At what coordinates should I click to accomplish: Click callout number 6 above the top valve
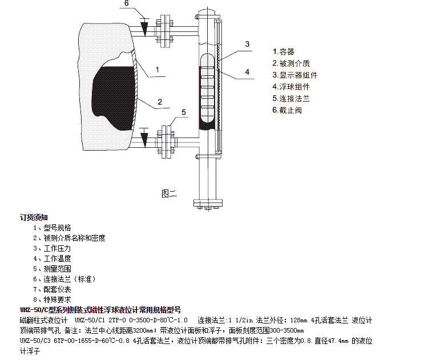[x=127, y=4]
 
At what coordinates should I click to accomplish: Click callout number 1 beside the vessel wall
[x=162, y=73]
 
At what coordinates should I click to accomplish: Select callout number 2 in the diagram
[x=160, y=102]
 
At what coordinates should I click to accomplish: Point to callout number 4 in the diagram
[x=247, y=72]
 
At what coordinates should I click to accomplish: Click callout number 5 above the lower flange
[x=184, y=112]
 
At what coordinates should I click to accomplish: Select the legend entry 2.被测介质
[x=292, y=63]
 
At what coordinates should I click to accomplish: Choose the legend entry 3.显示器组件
[x=295, y=75]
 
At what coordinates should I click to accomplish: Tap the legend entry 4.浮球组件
[x=291, y=87]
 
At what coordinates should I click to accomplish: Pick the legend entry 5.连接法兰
[x=291, y=98]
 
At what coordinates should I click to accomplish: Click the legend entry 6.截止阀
[x=287, y=110]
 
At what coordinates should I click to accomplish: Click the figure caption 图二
[x=169, y=193]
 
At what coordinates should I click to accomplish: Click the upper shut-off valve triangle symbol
[x=145, y=27]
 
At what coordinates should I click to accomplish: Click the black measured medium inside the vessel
[x=114, y=91]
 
